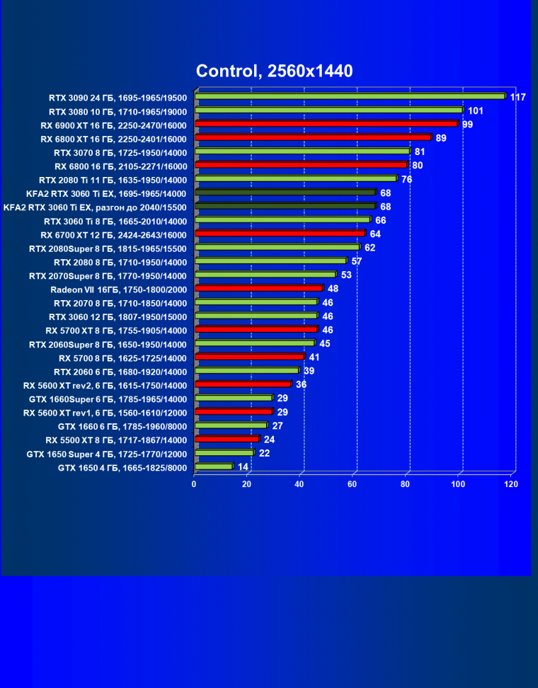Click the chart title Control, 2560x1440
pos(274,71)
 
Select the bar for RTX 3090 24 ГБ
pos(350,96)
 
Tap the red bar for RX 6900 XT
pos(326,124)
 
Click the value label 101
pos(476,110)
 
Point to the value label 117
pos(517,97)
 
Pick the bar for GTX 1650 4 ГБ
pos(213,466)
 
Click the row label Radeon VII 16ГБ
pos(118,289)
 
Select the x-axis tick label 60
pos(352,484)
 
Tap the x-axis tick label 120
pos(511,484)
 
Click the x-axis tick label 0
pos(194,484)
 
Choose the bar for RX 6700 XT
pos(280,234)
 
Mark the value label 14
pos(243,466)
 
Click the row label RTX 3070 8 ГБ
pos(120,151)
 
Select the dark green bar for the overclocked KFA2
pos(285,206)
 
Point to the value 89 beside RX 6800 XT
pos(441,138)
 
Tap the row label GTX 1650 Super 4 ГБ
pos(106,453)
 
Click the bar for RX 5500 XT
pos(227,439)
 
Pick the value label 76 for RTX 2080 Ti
pos(407,179)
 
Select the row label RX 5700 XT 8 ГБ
pos(115,330)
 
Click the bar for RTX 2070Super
pos(265,275)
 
